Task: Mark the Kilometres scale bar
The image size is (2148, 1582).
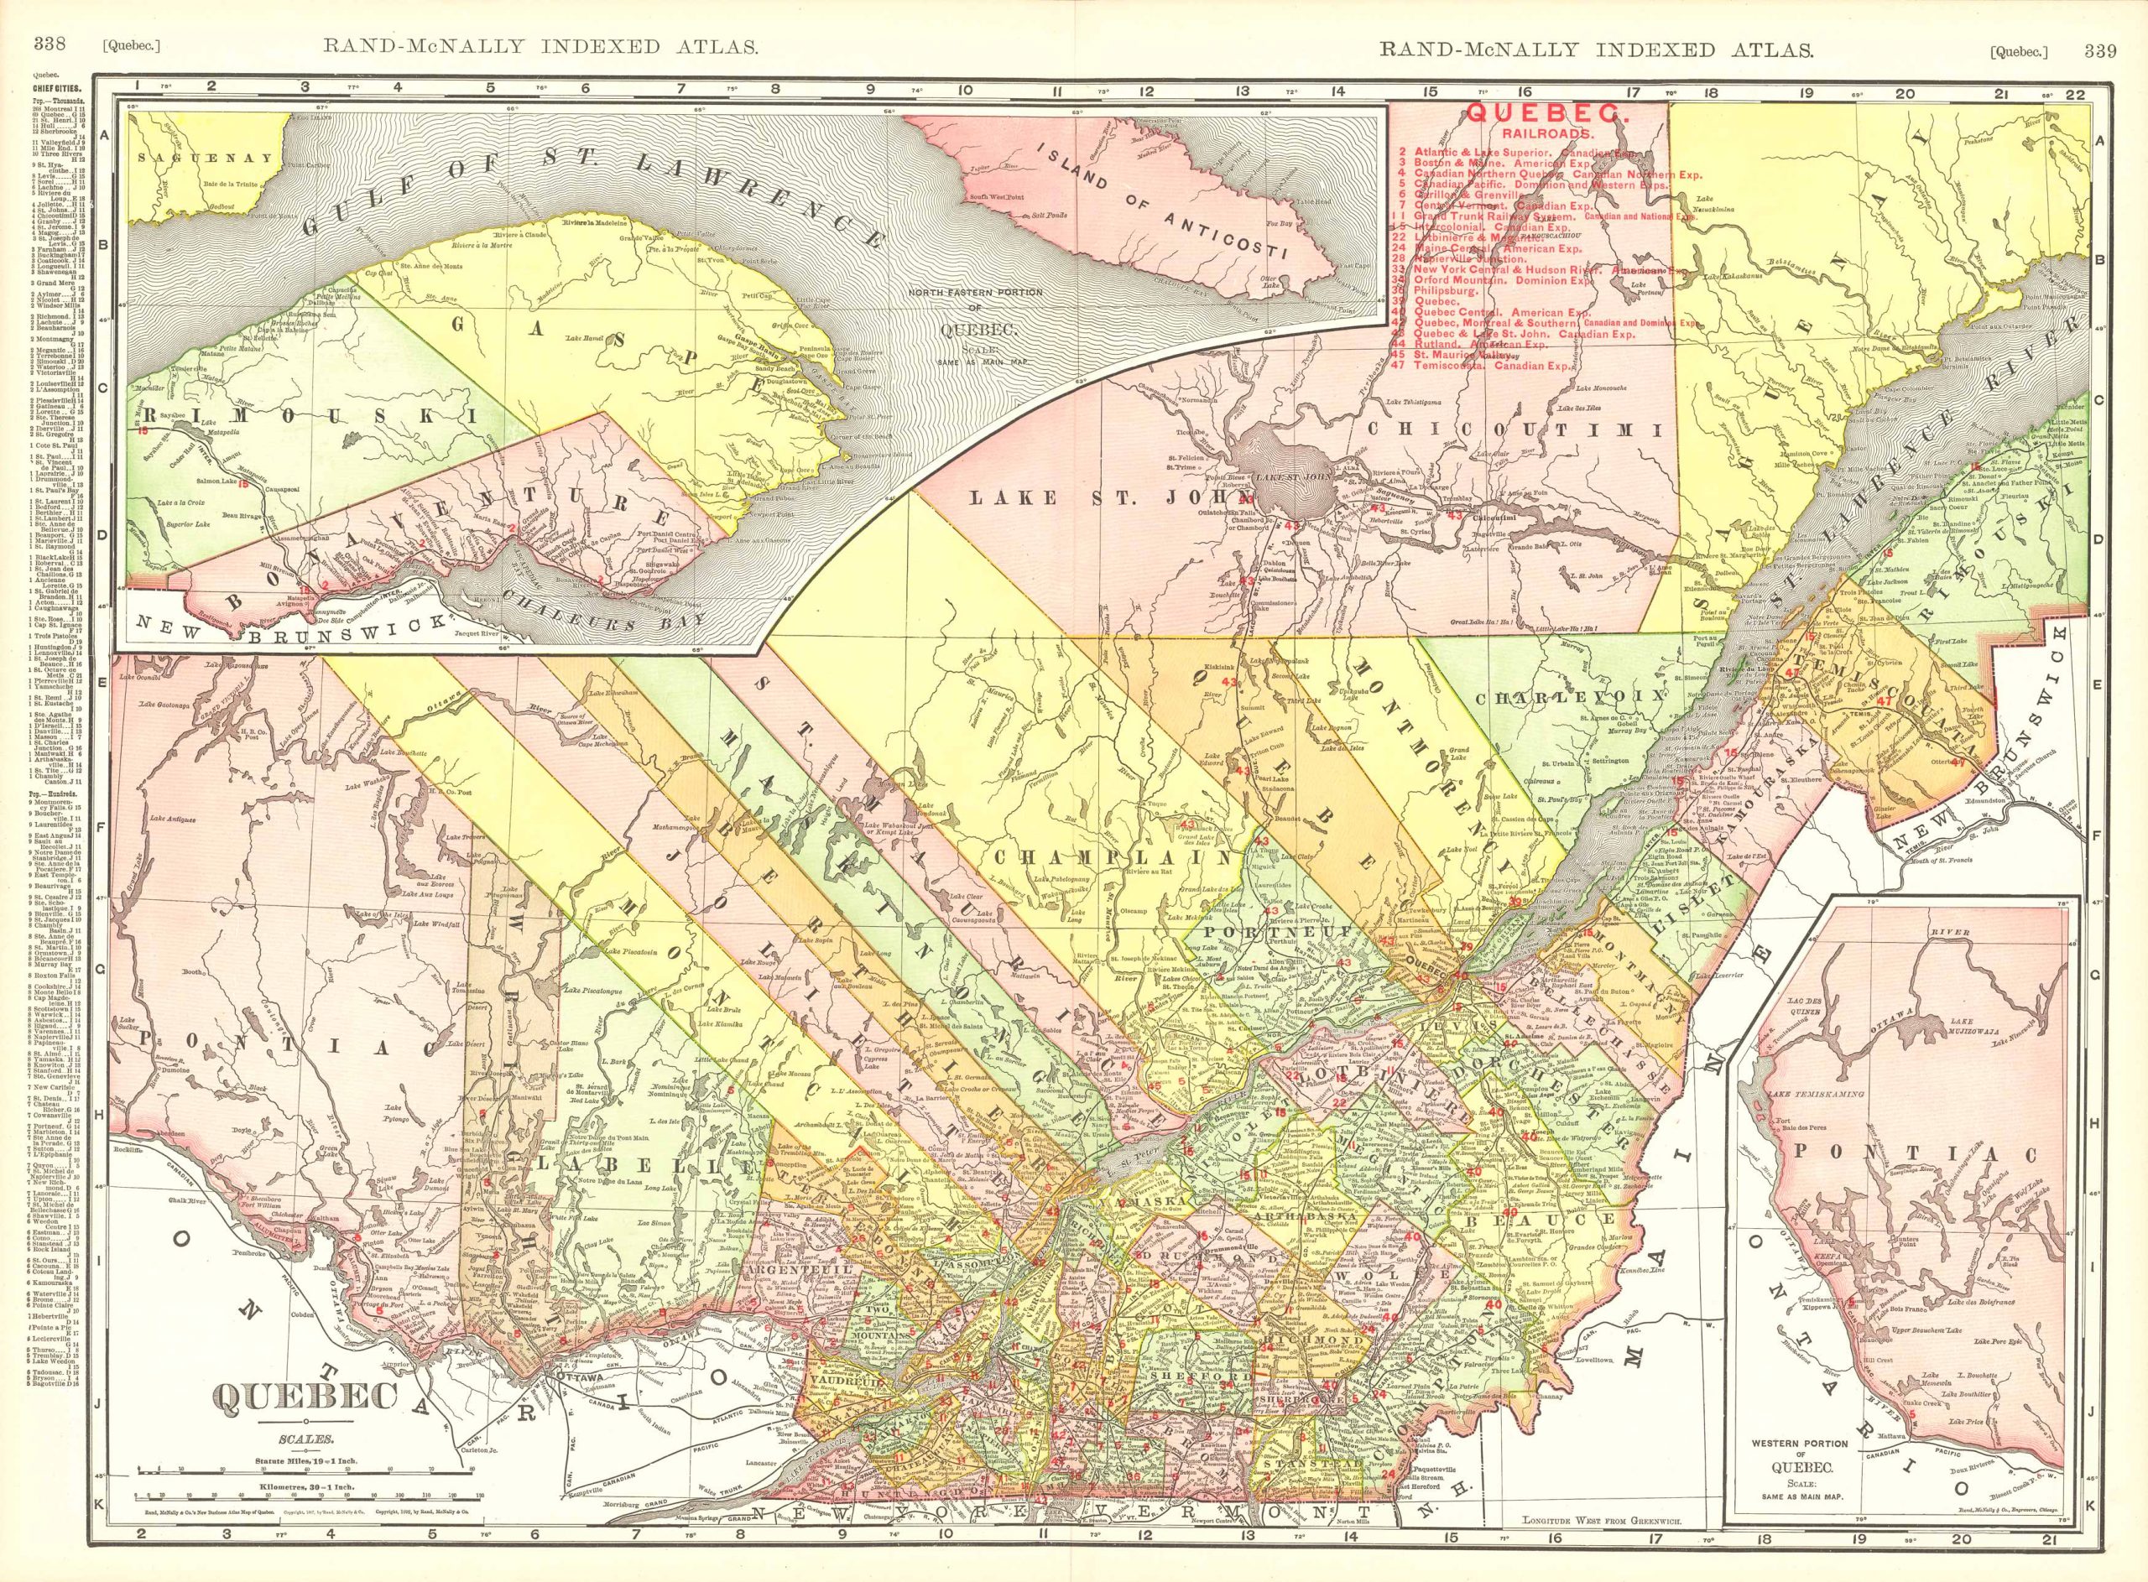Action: click(305, 1519)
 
